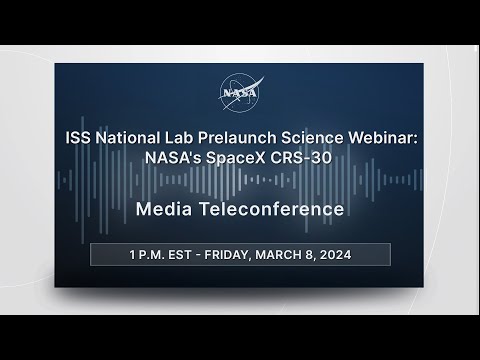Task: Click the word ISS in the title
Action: [78, 138]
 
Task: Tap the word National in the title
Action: [127, 138]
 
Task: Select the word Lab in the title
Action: [178, 138]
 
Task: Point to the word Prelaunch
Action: [237, 138]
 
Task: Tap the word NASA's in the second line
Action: [173, 158]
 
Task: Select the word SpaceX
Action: [236, 158]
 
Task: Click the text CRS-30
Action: [301, 158]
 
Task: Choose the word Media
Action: [164, 209]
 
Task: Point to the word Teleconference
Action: [272, 209]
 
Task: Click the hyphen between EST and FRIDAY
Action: [198, 255]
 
